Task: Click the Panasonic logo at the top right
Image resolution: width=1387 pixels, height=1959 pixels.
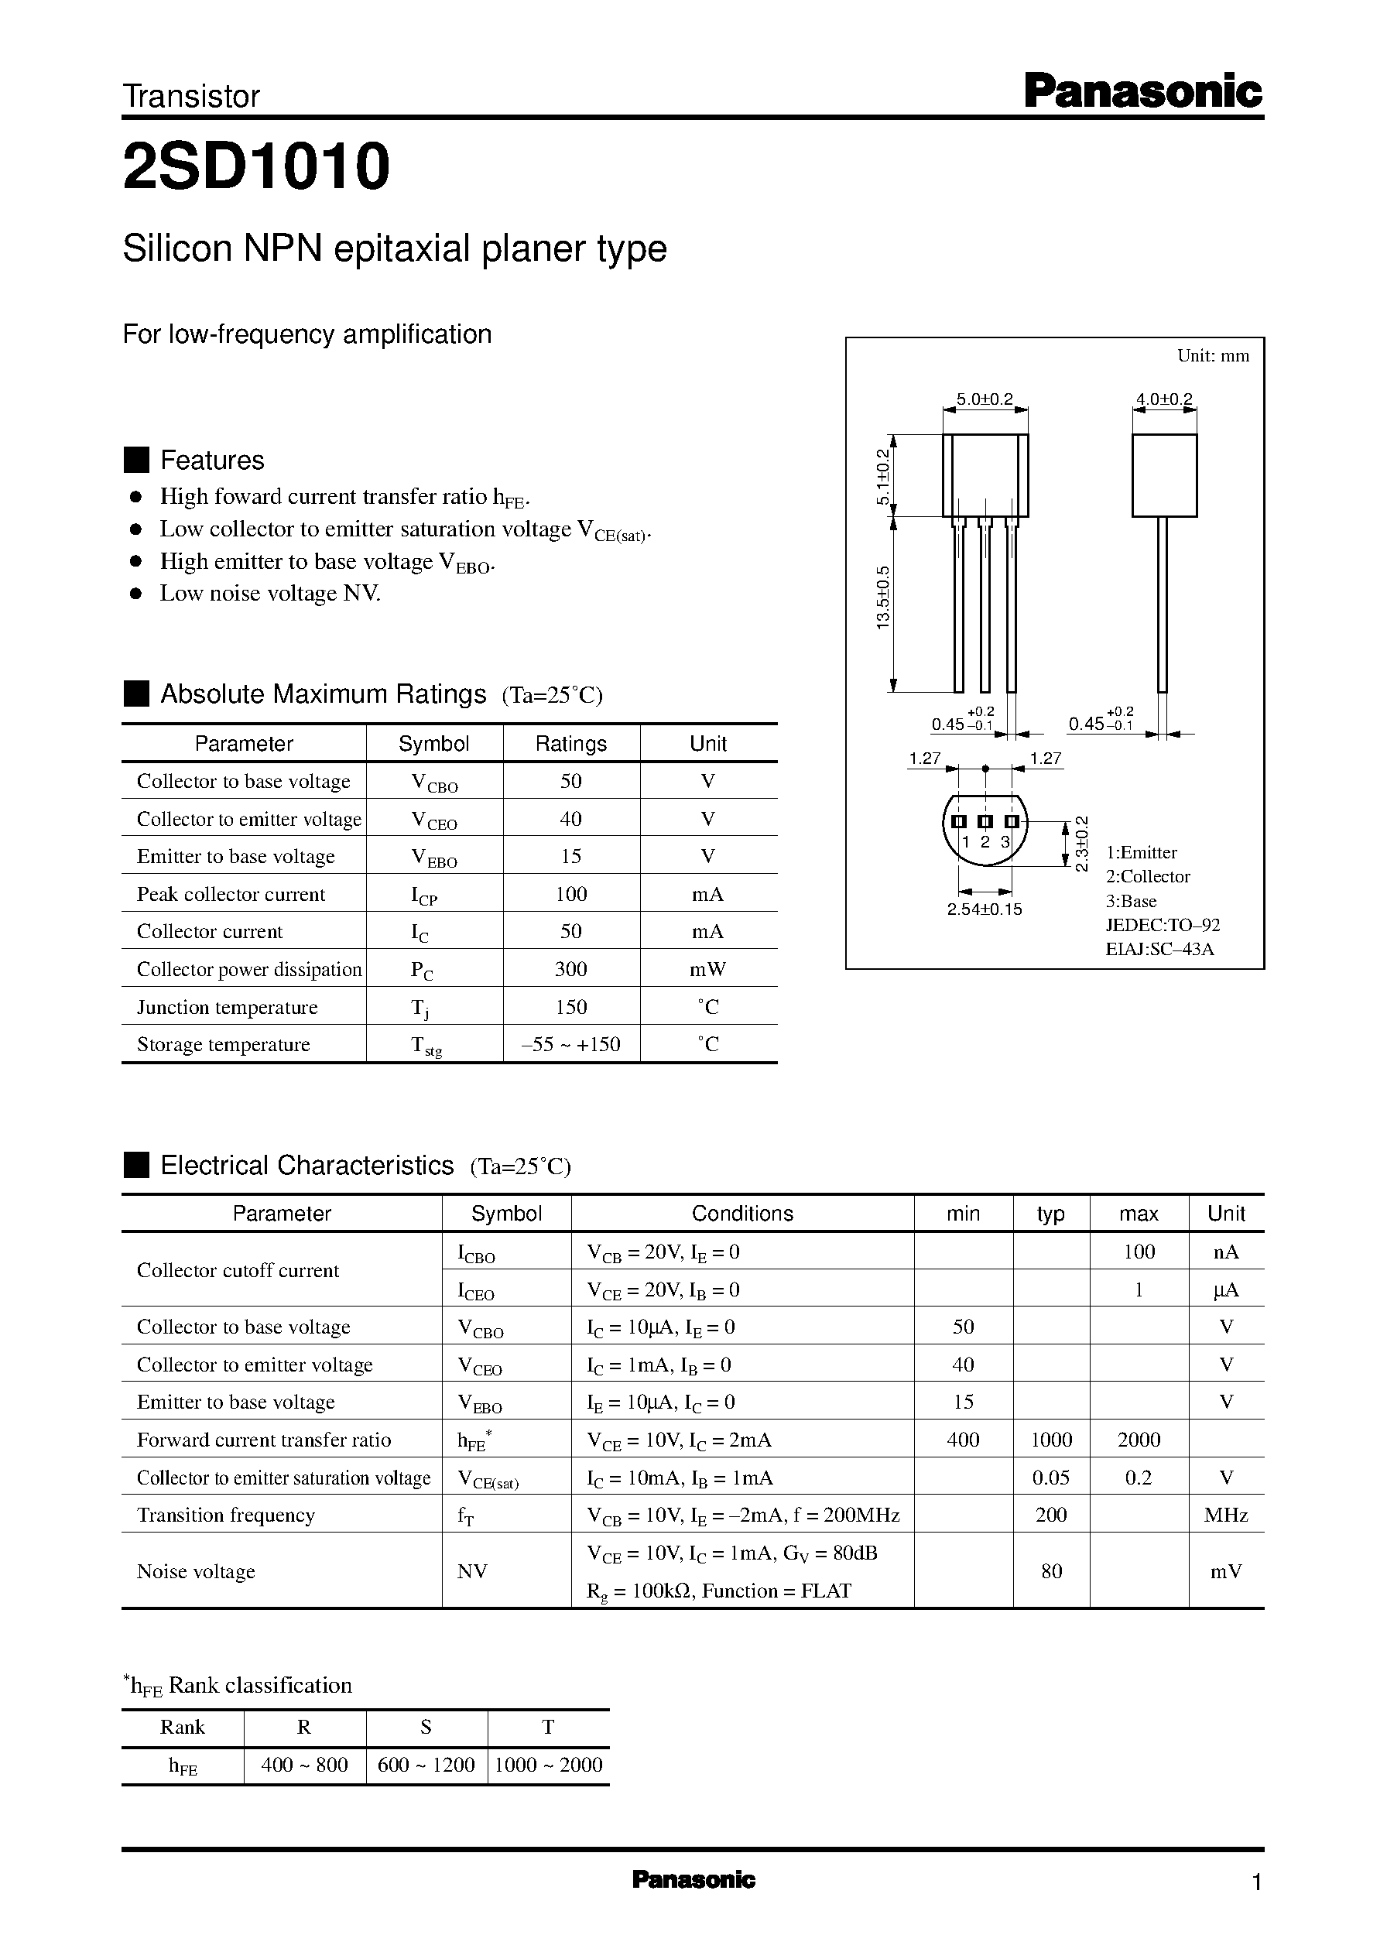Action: [1142, 91]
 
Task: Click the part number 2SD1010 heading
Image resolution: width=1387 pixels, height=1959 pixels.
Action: [256, 166]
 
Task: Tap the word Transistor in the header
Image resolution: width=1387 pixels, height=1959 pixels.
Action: [191, 97]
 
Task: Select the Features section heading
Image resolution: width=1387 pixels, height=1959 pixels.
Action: [212, 461]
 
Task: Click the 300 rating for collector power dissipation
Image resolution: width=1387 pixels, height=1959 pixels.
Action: [570, 969]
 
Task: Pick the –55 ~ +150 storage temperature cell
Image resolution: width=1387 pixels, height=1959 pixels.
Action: [570, 1044]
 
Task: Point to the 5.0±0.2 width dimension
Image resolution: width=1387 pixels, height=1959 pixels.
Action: [984, 399]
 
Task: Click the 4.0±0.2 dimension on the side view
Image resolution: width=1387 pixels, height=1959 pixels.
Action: [1164, 399]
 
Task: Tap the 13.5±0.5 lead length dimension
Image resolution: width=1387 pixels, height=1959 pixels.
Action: [883, 597]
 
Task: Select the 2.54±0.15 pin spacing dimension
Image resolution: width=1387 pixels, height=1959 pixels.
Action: [984, 909]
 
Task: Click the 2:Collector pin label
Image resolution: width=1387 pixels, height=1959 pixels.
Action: [1148, 877]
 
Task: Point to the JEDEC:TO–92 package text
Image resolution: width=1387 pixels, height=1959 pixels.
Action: [1163, 925]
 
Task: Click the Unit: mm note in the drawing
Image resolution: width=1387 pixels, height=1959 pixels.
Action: [1213, 356]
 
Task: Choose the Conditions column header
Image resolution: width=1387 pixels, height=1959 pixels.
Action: [742, 1214]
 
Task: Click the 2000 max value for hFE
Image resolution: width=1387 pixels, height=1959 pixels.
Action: [1139, 1440]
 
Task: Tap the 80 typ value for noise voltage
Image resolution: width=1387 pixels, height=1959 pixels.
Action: [1051, 1571]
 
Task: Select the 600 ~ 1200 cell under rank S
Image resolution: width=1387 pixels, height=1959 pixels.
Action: [426, 1765]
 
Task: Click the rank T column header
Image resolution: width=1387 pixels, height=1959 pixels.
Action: [548, 1728]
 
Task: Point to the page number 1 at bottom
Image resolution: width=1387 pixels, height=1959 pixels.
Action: [1255, 1882]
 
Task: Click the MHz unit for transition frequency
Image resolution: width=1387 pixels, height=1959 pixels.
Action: [1225, 1515]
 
